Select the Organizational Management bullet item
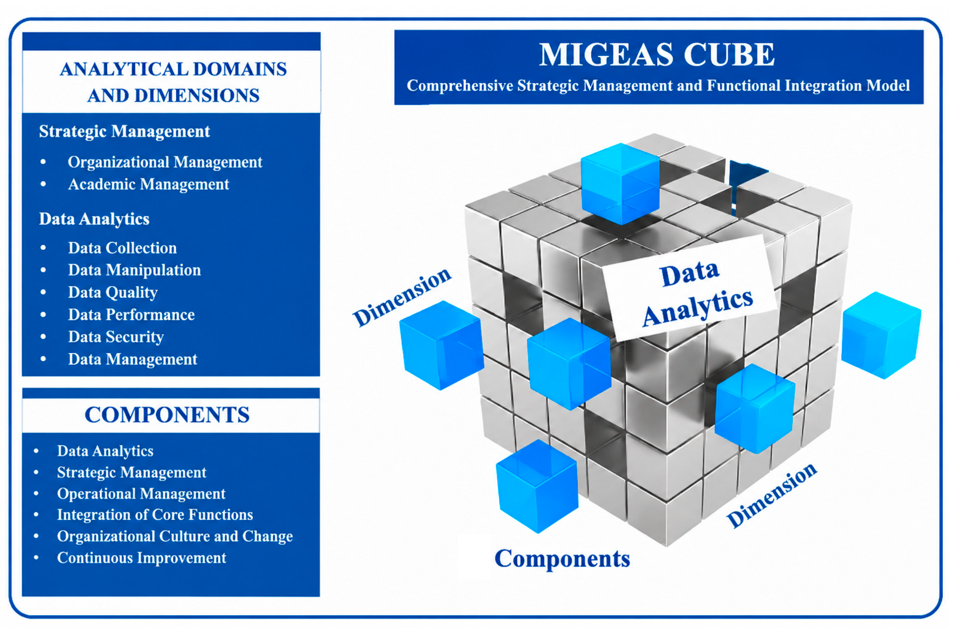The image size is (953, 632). [x=165, y=162]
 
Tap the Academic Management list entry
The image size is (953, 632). [x=148, y=184]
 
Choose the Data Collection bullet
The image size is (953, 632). [x=122, y=248]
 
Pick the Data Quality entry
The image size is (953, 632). [x=113, y=292]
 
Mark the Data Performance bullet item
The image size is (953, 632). [x=131, y=315]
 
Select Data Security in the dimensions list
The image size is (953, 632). [x=116, y=337]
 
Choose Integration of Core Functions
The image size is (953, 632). [x=155, y=515]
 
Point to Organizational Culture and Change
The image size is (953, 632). [x=175, y=536]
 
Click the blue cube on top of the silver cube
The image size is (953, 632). [x=620, y=183]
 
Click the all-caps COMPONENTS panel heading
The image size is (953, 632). [x=167, y=415]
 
